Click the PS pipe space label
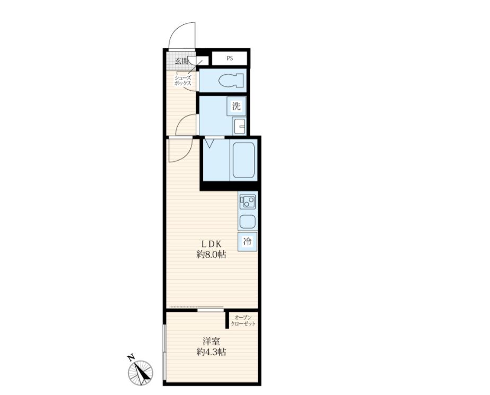(x=230, y=58)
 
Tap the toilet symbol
(x=231, y=81)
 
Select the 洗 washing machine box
(x=237, y=106)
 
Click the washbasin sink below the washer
(x=239, y=126)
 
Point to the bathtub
(x=243, y=160)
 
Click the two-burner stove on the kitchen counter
(x=248, y=202)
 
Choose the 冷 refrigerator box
(x=247, y=242)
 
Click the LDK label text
(x=211, y=244)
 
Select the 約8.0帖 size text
(x=211, y=254)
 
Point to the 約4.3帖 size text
(x=211, y=352)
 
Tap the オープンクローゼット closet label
(x=243, y=321)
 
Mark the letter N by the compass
(x=131, y=357)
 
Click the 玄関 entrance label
(x=181, y=60)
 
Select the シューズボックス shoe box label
(x=183, y=81)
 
